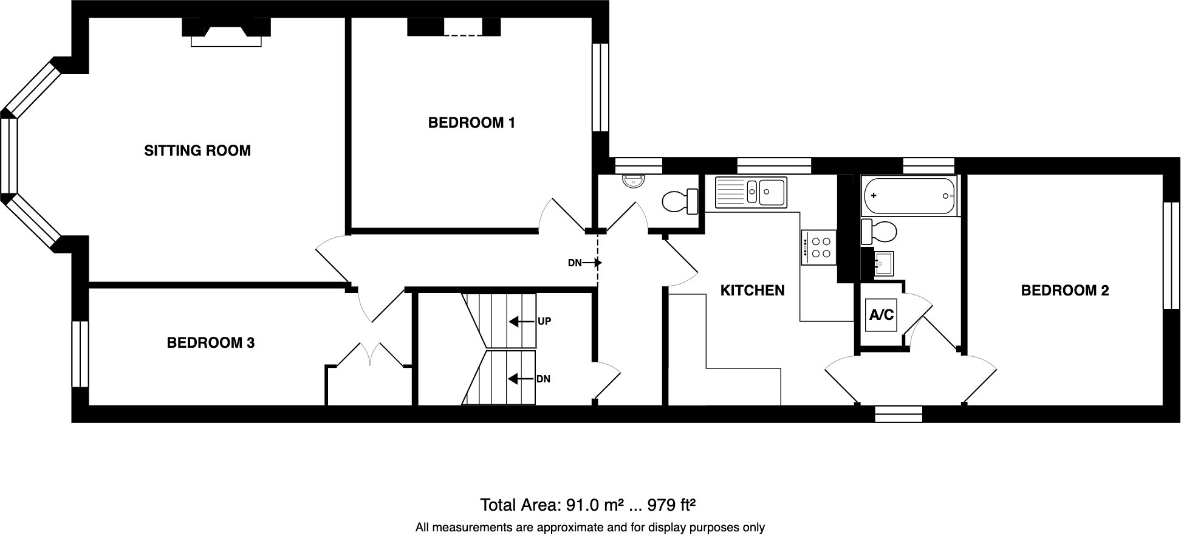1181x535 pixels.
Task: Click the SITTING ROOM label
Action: [197, 151]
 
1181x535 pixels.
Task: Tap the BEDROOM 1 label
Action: [471, 123]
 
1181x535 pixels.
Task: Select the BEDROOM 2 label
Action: [1064, 291]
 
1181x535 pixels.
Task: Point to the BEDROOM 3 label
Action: [210, 343]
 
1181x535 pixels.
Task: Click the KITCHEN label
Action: [752, 291]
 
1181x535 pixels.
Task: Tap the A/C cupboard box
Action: [881, 315]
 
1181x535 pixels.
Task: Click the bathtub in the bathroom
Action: [909, 196]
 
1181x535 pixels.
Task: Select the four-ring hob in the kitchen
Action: [818, 247]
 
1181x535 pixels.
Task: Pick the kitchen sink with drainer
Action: [751, 192]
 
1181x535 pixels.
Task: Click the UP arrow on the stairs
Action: [517, 321]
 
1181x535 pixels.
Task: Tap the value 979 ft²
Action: [671, 505]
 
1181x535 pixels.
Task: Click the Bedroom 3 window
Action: [80, 354]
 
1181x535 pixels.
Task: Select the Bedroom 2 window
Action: [1171, 255]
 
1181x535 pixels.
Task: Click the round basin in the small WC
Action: [635, 180]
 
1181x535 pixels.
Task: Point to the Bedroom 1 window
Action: [600, 87]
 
